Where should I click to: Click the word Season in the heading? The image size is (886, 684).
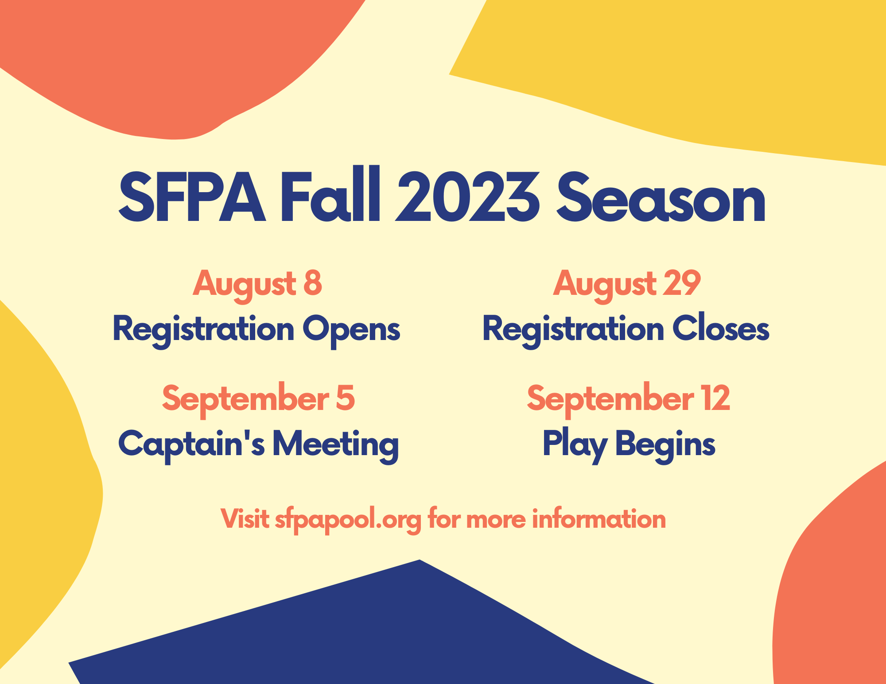661,198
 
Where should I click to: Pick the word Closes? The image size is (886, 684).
721,328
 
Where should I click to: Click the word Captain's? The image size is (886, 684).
191,444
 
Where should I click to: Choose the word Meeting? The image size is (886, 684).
335,444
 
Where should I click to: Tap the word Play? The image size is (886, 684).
575,444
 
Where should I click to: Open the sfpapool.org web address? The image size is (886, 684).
348,520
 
